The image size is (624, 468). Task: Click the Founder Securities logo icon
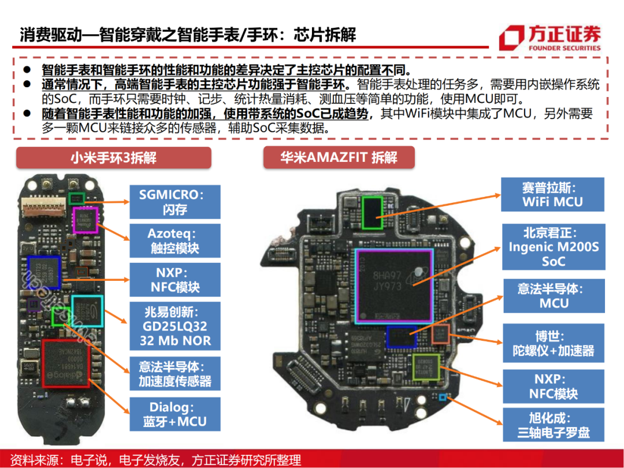pyautogui.click(x=511, y=38)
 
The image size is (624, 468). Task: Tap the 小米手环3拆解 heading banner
pyautogui.click(x=114, y=158)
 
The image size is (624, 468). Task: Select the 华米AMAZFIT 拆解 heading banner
pyautogui.click(x=339, y=158)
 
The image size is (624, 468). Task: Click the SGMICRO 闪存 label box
pyautogui.click(x=174, y=201)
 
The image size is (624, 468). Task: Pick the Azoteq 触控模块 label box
pyautogui.click(x=174, y=241)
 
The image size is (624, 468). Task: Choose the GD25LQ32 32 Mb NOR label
pyautogui.click(x=174, y=326)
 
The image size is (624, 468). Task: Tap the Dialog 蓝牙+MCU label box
pyautogui.click(x=174, y=414)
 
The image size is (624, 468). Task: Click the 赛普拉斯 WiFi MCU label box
pyautogui.click(x=552, y=195)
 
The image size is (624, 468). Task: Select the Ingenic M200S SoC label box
pyautogui.click(x=552, y=247)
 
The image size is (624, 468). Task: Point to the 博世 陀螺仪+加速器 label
pyautogui.click(x=552, y=343)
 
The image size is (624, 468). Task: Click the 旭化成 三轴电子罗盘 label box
pyautogui.click(x=552, y=425)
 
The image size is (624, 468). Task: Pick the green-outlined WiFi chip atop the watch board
pyautogui.click(x=373, y=212)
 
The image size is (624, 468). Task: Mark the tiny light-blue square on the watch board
pyautogui.click(x=443, y=397)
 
